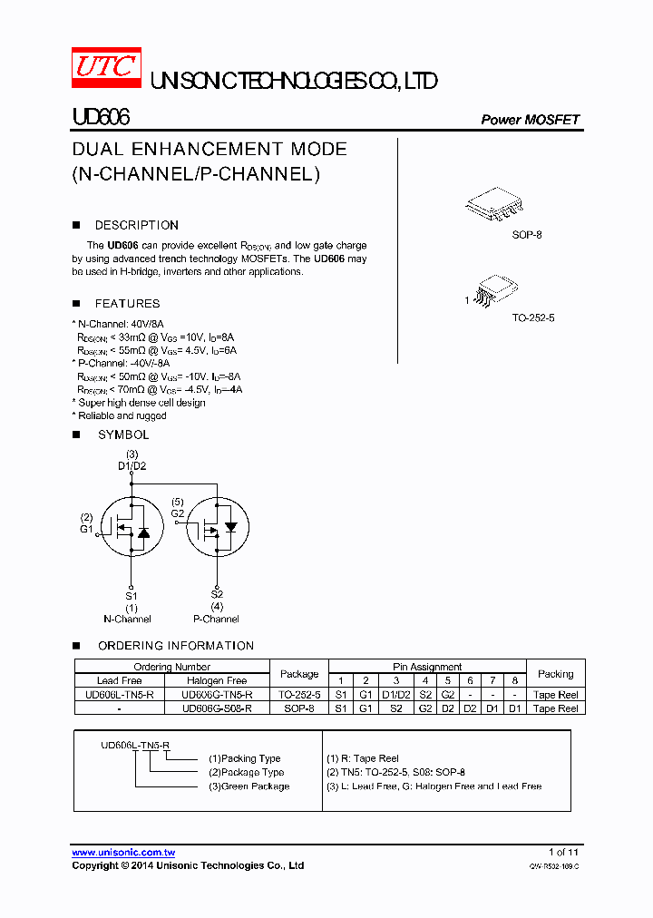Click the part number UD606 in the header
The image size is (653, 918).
(x=101, y=118)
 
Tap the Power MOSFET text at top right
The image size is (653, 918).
(x=530, y=120)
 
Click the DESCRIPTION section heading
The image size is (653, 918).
(x=136, y=225)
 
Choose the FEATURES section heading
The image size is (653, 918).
(x=127, y=304)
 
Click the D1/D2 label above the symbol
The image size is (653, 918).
(x=132, y=466)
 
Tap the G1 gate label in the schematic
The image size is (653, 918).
(x=86, y=529)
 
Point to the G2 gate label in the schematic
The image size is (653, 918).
(x=178, y=513)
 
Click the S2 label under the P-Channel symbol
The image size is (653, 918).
(x=217, y=595)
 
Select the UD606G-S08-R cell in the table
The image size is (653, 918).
(x=217, y=708)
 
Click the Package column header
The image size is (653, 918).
(x=299, y=674)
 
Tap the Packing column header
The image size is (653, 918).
(x=555, y=674)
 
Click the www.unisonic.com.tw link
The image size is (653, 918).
(x=123, y=853)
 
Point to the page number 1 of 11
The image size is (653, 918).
(x=563, y=852)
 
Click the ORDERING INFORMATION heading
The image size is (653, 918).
(x=176, y=646)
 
